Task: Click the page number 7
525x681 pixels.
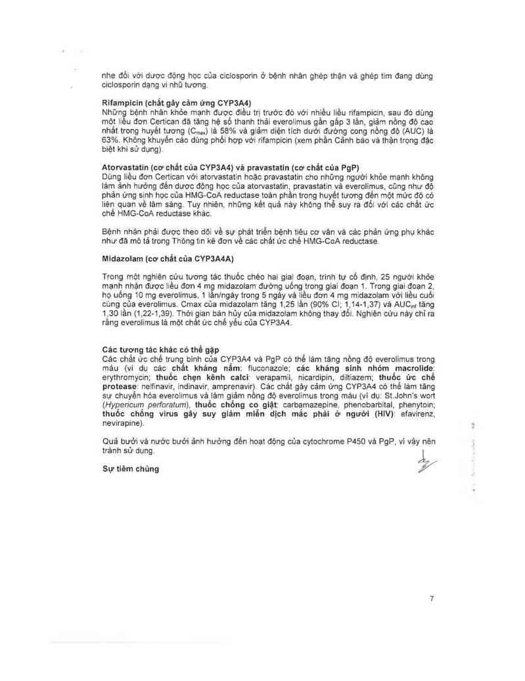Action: (x=431, y=598)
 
